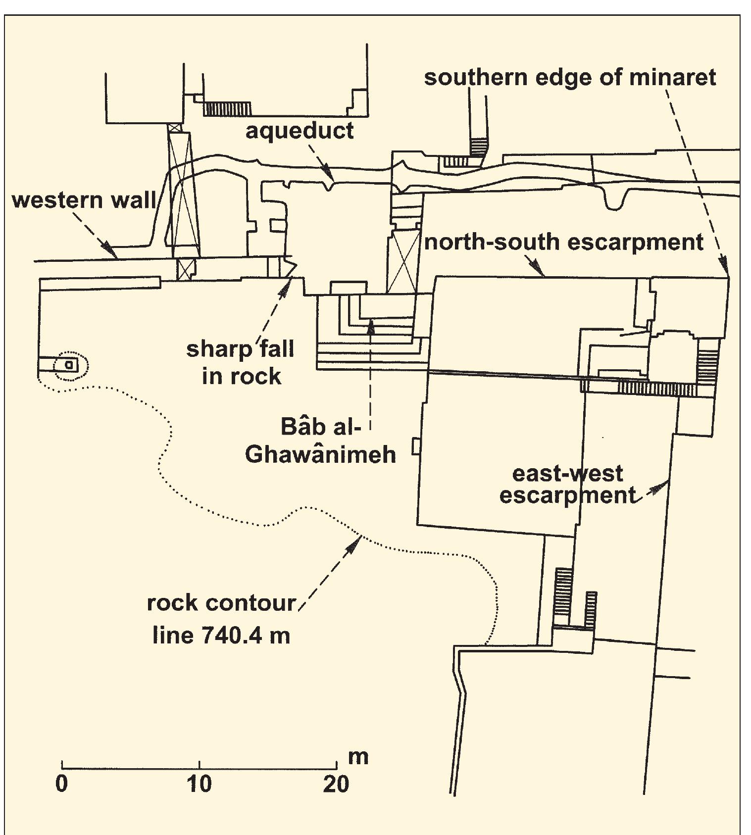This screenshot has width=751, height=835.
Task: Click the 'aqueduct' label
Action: (x=300, y=131)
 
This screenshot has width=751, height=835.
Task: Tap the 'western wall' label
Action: (x=84, y=200)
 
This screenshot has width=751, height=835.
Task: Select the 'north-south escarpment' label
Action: (x=563, y=243)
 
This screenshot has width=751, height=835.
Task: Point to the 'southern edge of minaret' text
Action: (x=570, y=78)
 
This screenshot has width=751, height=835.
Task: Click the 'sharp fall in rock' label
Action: (x=241, y=363)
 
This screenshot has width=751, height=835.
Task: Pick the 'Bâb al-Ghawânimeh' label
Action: (x=321, y=441)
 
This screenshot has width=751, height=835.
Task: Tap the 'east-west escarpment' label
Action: (x=567, y=485)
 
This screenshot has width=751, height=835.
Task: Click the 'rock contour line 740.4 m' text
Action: (x=221, y=619)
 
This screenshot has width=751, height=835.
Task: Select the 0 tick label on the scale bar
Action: (x=61, y=784)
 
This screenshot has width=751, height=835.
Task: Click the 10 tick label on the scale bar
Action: (x=199, y=784)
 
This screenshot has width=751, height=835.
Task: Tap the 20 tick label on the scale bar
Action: (x=336, y=784)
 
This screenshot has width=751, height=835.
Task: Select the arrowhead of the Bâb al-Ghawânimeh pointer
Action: (x=370, y=324)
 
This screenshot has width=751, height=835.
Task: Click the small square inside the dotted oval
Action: (x=70, y=365)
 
